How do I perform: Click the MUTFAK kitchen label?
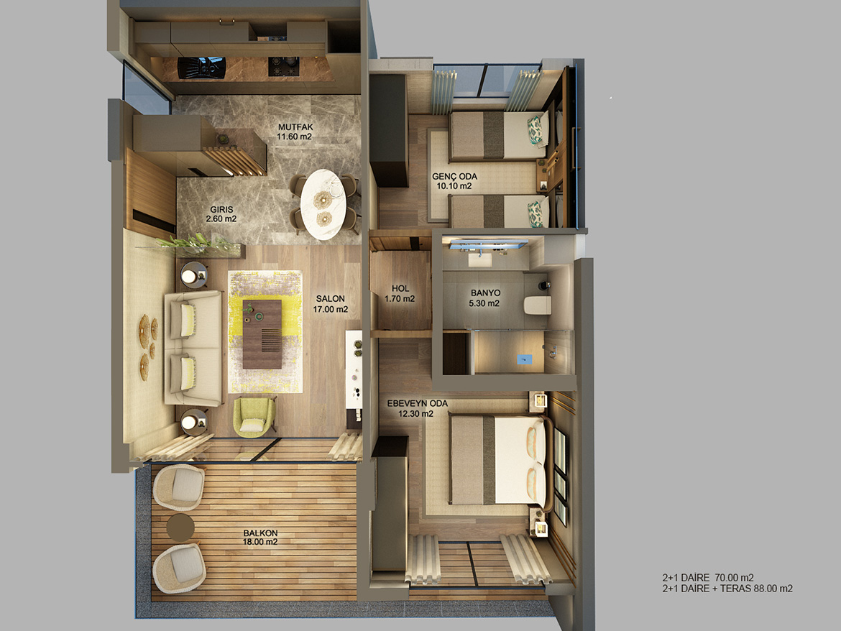pos(295,132)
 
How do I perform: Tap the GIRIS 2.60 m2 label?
pos(221,214)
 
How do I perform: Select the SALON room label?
pos(331,303)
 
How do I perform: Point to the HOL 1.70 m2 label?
pos(400,294)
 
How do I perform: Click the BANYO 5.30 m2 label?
pos(484,298)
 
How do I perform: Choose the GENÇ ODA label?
pos(454,181)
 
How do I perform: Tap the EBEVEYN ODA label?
pos(417,408)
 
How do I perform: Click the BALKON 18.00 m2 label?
pos(260,537)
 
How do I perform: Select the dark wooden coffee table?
pos(262,334)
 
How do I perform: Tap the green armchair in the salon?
pos(254,416)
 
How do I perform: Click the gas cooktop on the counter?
pos(283,66)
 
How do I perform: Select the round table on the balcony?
pos(180,528)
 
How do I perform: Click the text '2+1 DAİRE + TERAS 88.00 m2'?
pos(727,588)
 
